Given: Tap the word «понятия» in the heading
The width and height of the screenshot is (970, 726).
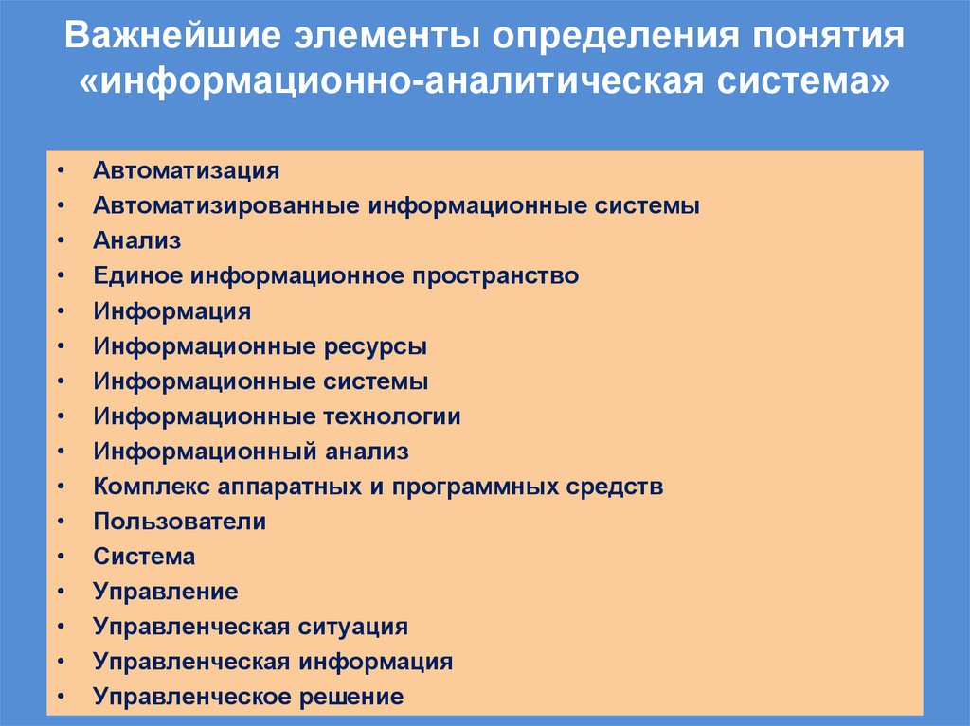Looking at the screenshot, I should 829,39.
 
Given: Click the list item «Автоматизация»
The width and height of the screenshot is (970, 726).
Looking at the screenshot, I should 187,171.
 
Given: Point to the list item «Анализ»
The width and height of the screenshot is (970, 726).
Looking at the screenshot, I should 137,240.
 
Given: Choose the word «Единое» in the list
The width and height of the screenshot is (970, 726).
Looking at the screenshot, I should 137,276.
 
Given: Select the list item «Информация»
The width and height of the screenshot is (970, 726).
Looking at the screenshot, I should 172,311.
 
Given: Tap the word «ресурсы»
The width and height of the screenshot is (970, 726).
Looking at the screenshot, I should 375,346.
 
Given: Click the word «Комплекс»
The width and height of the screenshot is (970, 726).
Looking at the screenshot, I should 152,487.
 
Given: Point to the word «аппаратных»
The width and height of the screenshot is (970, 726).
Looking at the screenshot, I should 288,487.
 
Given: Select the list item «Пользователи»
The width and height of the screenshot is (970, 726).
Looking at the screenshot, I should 180,522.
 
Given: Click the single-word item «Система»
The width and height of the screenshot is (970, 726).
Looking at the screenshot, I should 144,557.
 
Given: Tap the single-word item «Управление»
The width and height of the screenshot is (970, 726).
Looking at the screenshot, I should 166,593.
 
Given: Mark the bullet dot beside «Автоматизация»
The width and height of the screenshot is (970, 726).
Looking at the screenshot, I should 61,172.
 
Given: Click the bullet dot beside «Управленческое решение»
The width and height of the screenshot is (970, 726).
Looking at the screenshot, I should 61,698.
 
